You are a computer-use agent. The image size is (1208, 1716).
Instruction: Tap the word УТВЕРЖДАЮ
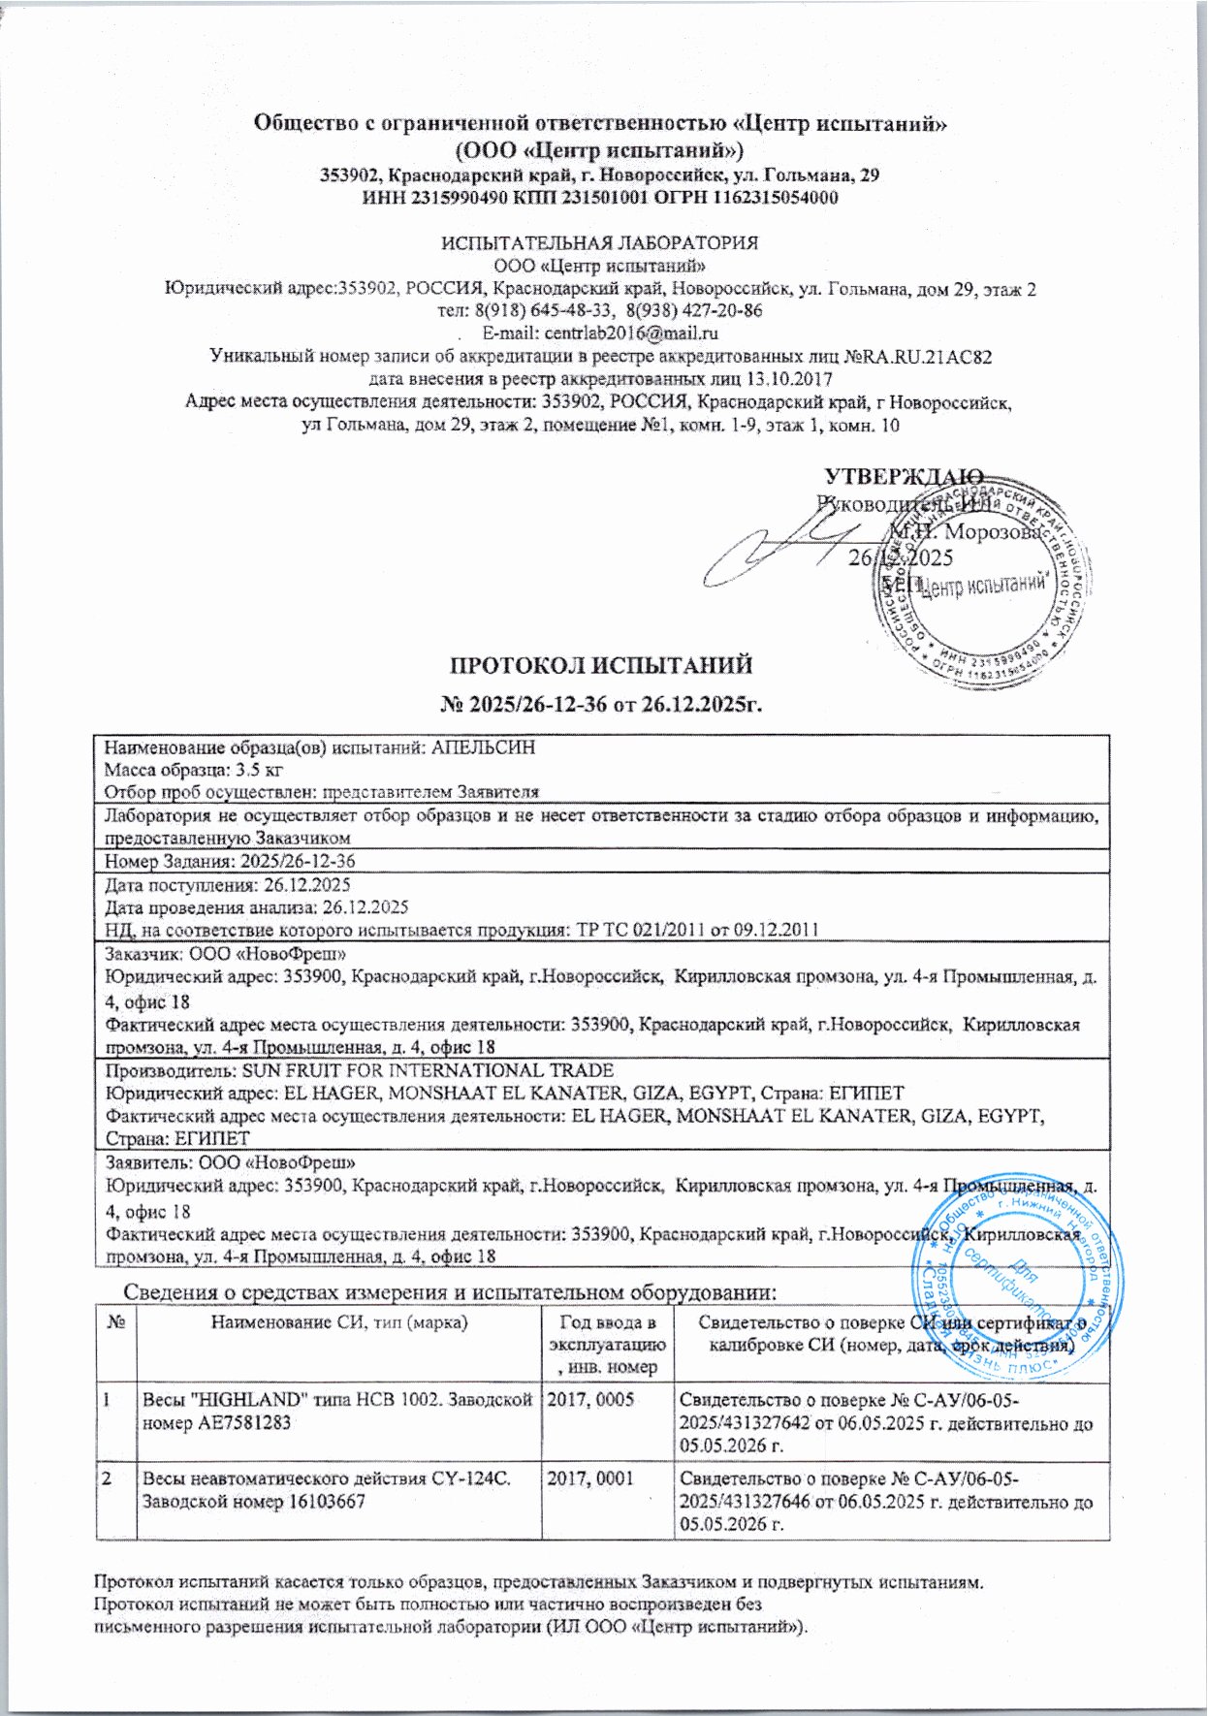(x=904, y=476)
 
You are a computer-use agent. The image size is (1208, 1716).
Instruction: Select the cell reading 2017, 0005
(x=591, y=1400)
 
